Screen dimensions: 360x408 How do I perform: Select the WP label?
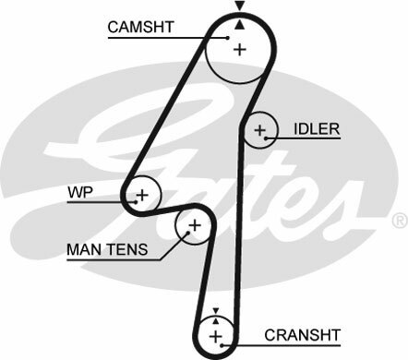78,192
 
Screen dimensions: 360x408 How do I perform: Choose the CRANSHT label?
303,333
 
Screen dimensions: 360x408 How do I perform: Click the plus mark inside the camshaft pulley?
240,49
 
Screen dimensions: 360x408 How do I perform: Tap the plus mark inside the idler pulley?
260,130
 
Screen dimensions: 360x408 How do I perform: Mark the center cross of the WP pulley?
142,195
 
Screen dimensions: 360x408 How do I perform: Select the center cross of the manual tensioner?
194,225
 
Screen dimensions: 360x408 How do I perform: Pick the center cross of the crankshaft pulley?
215,333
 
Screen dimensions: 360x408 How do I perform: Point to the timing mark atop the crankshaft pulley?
215,311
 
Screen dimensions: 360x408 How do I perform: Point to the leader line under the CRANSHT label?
286,344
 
